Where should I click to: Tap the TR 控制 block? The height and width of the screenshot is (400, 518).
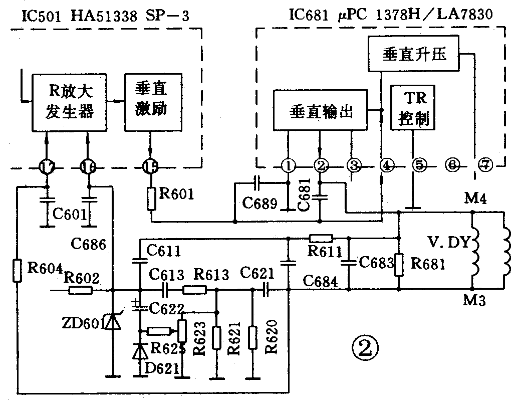413,108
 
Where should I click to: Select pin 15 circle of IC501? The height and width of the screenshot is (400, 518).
150,166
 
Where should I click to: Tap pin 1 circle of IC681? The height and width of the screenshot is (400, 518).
288,165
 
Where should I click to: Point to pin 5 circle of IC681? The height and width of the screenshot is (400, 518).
418,164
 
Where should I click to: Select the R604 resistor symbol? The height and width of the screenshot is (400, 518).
18,270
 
